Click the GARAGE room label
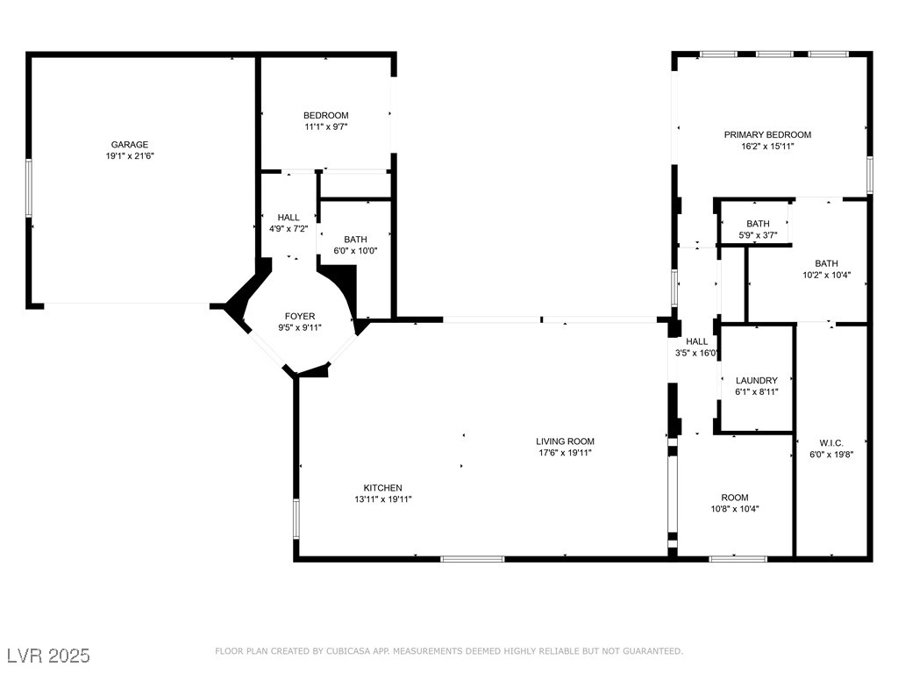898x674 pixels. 130,145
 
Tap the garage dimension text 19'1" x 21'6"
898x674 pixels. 130,156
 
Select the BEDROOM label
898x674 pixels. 326,115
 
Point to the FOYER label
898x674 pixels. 300,316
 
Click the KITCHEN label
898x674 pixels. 383,488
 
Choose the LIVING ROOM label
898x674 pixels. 566,441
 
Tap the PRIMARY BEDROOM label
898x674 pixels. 767,134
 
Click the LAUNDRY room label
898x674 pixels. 757,381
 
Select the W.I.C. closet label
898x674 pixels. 831,443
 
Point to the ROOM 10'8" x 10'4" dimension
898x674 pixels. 735,509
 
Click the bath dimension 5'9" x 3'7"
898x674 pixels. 758,235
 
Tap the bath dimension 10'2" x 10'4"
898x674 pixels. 826,275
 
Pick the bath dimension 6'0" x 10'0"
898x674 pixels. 356,250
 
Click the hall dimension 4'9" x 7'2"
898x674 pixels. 289,229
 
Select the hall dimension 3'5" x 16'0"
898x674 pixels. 696,353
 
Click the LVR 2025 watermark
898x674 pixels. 49,656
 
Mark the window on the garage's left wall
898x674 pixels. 29,188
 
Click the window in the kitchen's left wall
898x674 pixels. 296,519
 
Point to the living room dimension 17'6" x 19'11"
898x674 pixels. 566,453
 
